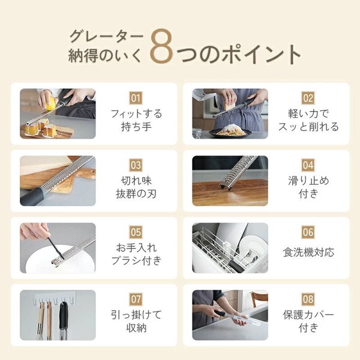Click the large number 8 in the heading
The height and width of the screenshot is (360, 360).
[x=161, y=46]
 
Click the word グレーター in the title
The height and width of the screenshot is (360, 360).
[x=106, y=36]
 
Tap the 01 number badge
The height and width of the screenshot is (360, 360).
[x=136, y=98]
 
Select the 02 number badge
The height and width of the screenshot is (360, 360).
[x=308, y=98]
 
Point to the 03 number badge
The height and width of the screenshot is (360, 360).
[x=136, y=165]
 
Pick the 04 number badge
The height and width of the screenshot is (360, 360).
[x=308, y=165]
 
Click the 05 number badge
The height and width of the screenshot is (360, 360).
[x=136, y=232]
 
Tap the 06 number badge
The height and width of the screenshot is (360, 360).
[x=308, y=232]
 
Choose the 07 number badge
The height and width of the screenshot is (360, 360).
[x=136, y=299]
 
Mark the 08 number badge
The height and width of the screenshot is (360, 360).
[x=308, y=299]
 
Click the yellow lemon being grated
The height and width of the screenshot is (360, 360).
[x=52, y=104]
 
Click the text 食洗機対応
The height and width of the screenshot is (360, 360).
[x=308, y=252]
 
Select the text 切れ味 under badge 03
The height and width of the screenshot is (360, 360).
[x=136, y=181]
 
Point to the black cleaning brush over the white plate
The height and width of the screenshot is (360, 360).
[x=56, y=248]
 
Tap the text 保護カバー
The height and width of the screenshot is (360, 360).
[x=308, y=315]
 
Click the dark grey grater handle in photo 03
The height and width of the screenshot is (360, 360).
[x=32, y=197]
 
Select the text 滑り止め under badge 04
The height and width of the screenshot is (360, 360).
[x=308, y=181]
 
